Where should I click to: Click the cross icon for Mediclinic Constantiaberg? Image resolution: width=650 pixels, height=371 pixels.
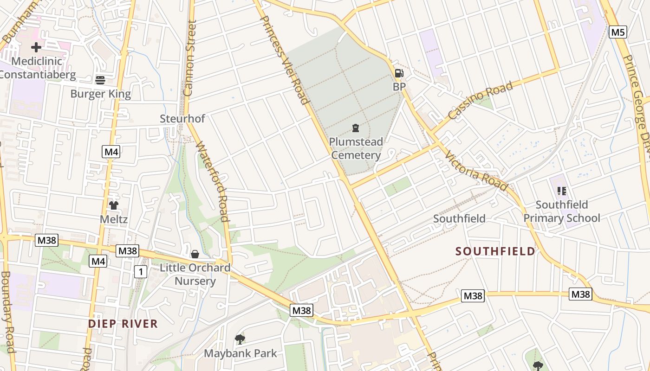point(36,47)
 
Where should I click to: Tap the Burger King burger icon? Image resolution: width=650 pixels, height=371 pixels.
point(100,80)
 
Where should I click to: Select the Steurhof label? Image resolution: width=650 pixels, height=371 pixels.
point(182,119)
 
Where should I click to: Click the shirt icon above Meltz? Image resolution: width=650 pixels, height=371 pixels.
point(114,205)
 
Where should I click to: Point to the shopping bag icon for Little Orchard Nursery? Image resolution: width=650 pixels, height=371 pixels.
point(195,254)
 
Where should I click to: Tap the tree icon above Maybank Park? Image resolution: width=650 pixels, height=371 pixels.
point(240,339)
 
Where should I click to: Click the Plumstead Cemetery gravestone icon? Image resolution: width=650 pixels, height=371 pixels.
point(356,128)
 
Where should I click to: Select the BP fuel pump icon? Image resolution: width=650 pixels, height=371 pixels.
point(399,73)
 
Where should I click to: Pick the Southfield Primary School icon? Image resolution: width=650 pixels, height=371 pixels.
point(562,191)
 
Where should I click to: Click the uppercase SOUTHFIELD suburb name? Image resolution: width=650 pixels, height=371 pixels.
point(495,251)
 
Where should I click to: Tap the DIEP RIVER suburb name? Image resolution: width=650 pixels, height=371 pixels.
point(123,324)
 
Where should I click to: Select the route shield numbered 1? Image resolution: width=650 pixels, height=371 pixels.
point(141,271)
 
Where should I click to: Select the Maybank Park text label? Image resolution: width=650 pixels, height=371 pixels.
point(240,353)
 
